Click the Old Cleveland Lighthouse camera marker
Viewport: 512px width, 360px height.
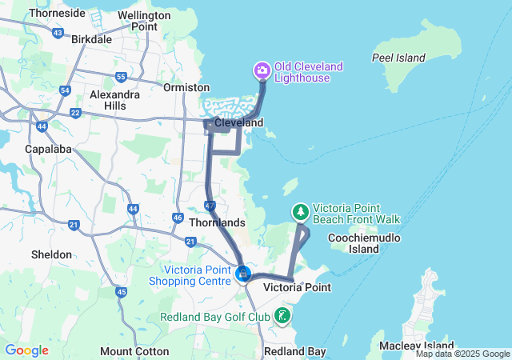pyautogui.click(x=262, y=72)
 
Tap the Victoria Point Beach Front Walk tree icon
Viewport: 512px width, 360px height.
pyautogui.click(x=301, y=212)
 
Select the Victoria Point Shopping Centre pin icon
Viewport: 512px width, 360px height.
pyautogui.click(x=243, y=274)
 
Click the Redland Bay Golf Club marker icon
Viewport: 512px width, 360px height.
pyautogui.click(x=282, y=315)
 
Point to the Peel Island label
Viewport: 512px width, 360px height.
pyautogui.click(x=398, y=58)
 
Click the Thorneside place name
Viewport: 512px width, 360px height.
pyautogui.click(x=57, y=13)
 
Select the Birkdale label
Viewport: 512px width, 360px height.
pyautogui.click(x=92, y=38)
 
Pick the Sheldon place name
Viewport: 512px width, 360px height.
pyautogui.click(x=50, y=254)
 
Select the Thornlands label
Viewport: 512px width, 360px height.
pyautogui.click(x=216, y=222)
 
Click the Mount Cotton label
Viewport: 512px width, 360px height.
pyautogui.click(x=134, y=351)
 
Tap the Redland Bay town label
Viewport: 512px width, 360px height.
pyautogui.click(x=295, y=351)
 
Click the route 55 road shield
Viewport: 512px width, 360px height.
pyautogui.click(x=121, y=77)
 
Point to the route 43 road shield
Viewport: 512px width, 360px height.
pyautogui.click(x=58, y=33)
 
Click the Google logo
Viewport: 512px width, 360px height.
pyautogui.click(x=26, y=350)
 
